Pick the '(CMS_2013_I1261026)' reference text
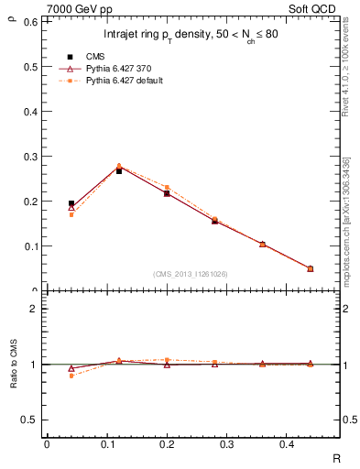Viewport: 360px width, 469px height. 190,273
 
